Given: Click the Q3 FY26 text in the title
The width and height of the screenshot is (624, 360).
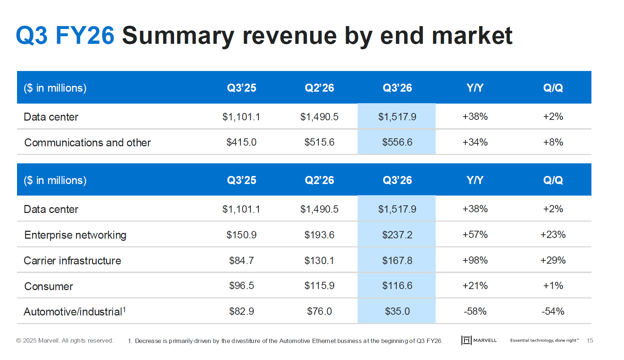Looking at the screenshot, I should coord(65,35).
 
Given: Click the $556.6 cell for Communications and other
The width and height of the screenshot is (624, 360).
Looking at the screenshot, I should coord(397,142).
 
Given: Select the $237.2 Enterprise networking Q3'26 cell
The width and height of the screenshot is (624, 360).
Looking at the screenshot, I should coord(397,235).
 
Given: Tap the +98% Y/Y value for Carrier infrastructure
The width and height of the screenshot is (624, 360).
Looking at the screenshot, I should coord(475,260).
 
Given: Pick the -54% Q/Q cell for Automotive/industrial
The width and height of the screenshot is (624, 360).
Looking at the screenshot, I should coord(553,311).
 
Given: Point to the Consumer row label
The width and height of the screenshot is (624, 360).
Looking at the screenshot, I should coord(49,286).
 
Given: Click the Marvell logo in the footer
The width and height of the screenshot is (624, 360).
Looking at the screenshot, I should coord(479,340).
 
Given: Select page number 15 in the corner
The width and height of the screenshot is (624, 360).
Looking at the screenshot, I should coord(590,340).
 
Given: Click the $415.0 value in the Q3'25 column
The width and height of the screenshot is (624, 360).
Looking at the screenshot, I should coord(241,142).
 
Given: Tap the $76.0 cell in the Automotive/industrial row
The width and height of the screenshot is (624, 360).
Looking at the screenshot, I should coord(319,311).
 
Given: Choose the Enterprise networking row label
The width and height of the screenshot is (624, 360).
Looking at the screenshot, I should coord(75,235).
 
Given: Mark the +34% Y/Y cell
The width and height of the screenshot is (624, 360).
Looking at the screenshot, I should coord(475,142).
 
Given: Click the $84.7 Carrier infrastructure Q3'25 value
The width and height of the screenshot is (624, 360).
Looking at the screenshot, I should coord(241,260).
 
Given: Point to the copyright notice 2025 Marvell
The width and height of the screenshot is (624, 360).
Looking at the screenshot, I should coord(65,340).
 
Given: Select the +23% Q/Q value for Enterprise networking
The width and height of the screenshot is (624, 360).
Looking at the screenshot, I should coord(553,234).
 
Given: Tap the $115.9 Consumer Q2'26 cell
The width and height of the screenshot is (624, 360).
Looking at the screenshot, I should coord(319,285).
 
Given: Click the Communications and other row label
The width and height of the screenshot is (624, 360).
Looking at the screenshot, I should coord(87,142).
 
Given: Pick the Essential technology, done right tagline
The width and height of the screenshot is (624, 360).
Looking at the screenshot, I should coord(544,340).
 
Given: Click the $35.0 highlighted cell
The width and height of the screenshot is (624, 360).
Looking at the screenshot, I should coord(397,311).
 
